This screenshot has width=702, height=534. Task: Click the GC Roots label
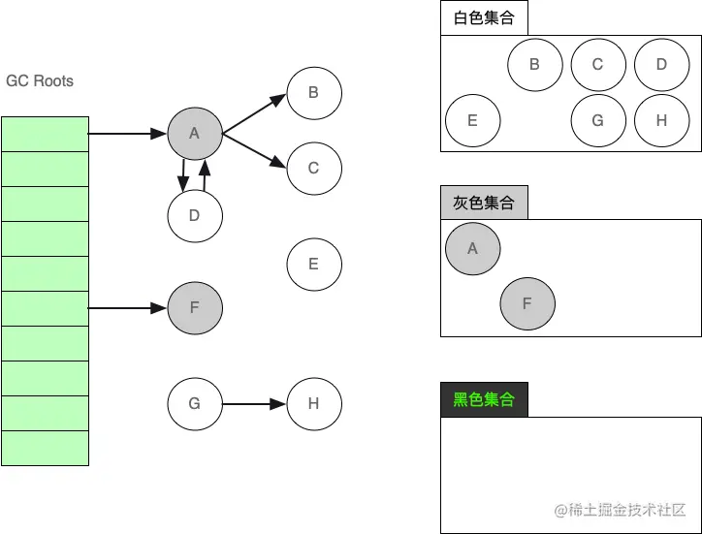(x=40, y=80)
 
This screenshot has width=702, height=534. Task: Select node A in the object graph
(x=195, y=134)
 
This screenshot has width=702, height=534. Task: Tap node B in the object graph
(x=313, y=93)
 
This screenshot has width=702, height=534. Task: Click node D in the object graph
(x=195, y=215)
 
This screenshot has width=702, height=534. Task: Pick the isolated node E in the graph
(x=313, y=264)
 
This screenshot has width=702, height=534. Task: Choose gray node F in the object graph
(x=195, y=308)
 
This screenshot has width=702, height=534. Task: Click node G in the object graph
(x=195, y=403)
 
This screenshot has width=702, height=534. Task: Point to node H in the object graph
(x=313, y=403)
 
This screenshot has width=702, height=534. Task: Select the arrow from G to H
(x=254, y=403)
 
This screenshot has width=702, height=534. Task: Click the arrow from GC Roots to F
(x=127, y=308)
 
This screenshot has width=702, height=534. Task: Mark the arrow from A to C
(x=254, y=150)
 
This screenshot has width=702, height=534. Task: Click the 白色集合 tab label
(x=484, y=18)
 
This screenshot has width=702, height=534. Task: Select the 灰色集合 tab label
(x=484, y=203)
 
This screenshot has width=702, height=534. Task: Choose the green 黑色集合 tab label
(x=484, y=399)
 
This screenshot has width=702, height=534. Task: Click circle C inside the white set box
(x=598, y=64)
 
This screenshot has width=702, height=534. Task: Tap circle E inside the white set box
(x=472, y=121)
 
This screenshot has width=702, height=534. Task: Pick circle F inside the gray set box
(x=527, y=303)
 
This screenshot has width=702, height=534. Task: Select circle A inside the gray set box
(x=472, y=248)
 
